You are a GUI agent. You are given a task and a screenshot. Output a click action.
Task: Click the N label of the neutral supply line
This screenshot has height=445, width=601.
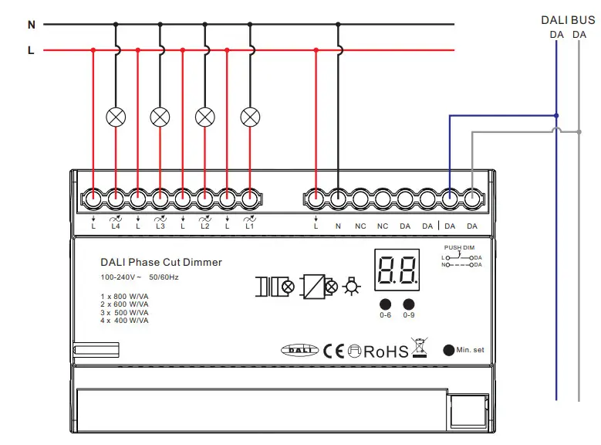click(32, 25)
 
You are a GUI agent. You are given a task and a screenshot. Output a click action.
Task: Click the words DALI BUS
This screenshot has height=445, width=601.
click(568, 20)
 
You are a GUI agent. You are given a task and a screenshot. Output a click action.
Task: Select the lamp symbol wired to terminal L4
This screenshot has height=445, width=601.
click(116, 117)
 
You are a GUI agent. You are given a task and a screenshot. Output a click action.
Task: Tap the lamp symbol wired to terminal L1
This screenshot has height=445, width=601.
click(250, 117)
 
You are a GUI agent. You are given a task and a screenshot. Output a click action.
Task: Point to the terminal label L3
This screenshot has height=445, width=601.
click(160, 226)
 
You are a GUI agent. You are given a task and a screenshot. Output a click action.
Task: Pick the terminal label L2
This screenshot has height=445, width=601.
click(204, 226)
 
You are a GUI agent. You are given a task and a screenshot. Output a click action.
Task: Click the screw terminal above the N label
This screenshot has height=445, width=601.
click(338, 198)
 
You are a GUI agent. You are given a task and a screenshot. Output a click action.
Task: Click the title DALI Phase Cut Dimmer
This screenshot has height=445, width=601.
click(161, 263)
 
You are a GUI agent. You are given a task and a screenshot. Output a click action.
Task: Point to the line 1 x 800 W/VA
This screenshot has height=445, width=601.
click(124, 297)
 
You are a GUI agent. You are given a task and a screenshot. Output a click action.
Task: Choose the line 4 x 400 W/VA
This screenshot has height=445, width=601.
click(124, 320)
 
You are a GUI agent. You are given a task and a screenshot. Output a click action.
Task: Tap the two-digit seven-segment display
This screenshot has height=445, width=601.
click(397, 270)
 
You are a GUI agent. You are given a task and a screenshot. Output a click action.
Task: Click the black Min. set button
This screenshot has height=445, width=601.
click(448, 350)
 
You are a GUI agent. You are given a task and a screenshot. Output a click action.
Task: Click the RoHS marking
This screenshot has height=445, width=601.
click(386, 352)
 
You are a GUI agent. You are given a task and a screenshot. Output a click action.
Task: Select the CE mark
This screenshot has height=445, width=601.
click(333, 352)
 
